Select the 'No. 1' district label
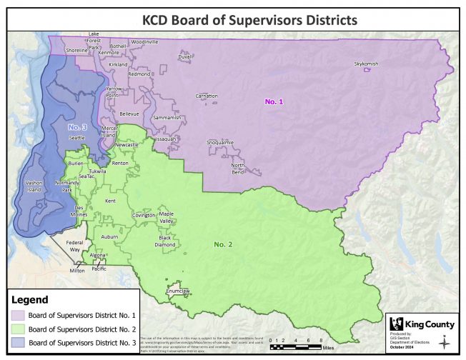click(274, 102)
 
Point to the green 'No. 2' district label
click(224, 244)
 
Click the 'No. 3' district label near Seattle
click(77, 127)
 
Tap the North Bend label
click(238, 169)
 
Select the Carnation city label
click(207, 96)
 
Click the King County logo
click(419, 324)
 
